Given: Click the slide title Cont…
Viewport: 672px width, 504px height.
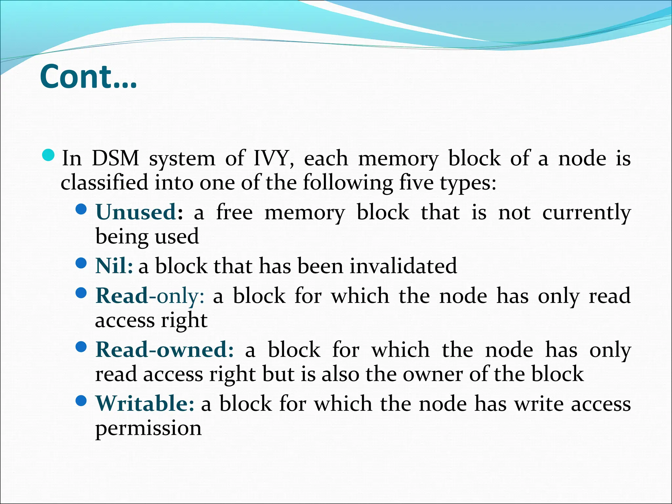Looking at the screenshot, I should pyautogui.click(x=88, y=77).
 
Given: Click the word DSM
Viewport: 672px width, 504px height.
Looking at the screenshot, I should pyautogui.click(x=115, y=158).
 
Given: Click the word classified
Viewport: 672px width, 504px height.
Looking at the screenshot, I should pyautogui.click(x=104, y=182).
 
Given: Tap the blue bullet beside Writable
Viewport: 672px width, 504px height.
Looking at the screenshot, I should pyautogui.click(x=81, y=400).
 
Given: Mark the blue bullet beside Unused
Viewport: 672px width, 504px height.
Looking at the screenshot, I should pyautogui.click(x=81, y=209).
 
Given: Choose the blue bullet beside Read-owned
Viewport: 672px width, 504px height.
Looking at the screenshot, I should pyautogui.click(x=81, y=346).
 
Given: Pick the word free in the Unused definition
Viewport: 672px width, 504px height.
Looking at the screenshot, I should pyautogui.click(x=234, y=212).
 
